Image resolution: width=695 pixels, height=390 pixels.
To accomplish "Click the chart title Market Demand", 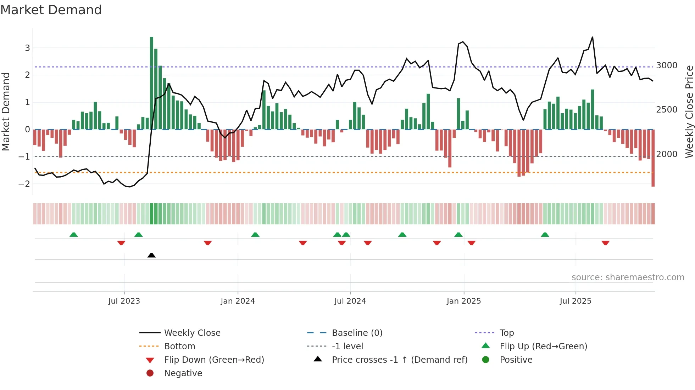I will coord(51,10).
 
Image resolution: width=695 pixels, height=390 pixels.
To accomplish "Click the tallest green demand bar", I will coord(151,83).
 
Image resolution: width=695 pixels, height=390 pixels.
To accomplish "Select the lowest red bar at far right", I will coord(653,158).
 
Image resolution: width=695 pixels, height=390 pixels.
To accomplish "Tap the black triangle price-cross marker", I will coord(151,255).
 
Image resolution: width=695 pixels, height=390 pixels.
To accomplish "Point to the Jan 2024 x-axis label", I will coord(238,301).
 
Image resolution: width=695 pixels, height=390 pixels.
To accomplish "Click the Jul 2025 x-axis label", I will coord(576,301).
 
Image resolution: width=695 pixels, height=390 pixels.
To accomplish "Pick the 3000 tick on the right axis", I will coord(667,65).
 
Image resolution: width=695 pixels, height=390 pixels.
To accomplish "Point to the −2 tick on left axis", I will coord(24,184).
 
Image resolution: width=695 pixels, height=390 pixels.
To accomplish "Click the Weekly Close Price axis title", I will coord(689,111).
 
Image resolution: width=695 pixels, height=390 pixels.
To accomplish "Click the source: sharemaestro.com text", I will coord(628,277).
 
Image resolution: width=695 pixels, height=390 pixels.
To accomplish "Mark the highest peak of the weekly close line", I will coord(592,37).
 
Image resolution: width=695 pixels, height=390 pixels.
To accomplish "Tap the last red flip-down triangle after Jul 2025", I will coord(605,243).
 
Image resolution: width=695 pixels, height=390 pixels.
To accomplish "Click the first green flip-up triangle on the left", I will coord(73,235).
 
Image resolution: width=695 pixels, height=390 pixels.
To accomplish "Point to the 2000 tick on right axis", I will coord(667,154).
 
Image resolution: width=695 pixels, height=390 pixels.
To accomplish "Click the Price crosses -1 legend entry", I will coord(399,360).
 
